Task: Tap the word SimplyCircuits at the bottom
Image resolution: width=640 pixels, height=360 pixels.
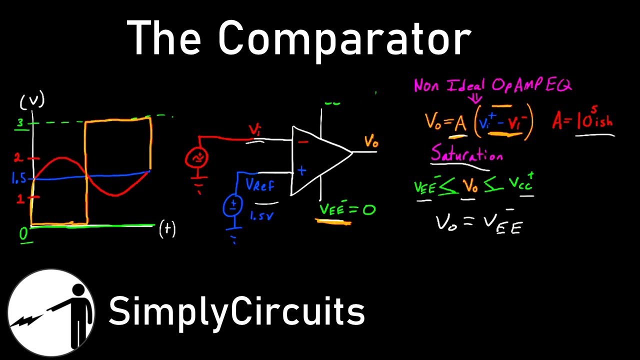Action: pyautogui.click(x=236, y=310)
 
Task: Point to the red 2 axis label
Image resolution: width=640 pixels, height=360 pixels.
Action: pyautogui.click(x=18, y=158)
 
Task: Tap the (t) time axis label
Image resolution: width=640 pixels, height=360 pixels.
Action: pyautogui.click(x=167, y=229)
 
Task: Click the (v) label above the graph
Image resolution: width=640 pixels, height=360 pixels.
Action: pyautogui.click(x=32, y=102)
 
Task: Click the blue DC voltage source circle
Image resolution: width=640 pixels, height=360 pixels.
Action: pyautogui.click(x=232, y=205)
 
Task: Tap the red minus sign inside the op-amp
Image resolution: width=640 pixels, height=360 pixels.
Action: pyautogui.click(x=303, y=142)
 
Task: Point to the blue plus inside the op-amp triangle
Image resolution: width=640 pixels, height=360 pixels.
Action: pyautogui.click(x=301, y=170)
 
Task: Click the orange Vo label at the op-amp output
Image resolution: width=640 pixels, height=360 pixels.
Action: pyautogui.click(x=371, y=141)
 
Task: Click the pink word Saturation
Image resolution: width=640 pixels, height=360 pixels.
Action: pyautogui.click(x=466, y=154)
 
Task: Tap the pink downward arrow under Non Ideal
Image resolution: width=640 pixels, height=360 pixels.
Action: pyautogui.click(x=475, y=98)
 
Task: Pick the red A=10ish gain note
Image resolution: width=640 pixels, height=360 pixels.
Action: pyautogui.click(x=582, y=121)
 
